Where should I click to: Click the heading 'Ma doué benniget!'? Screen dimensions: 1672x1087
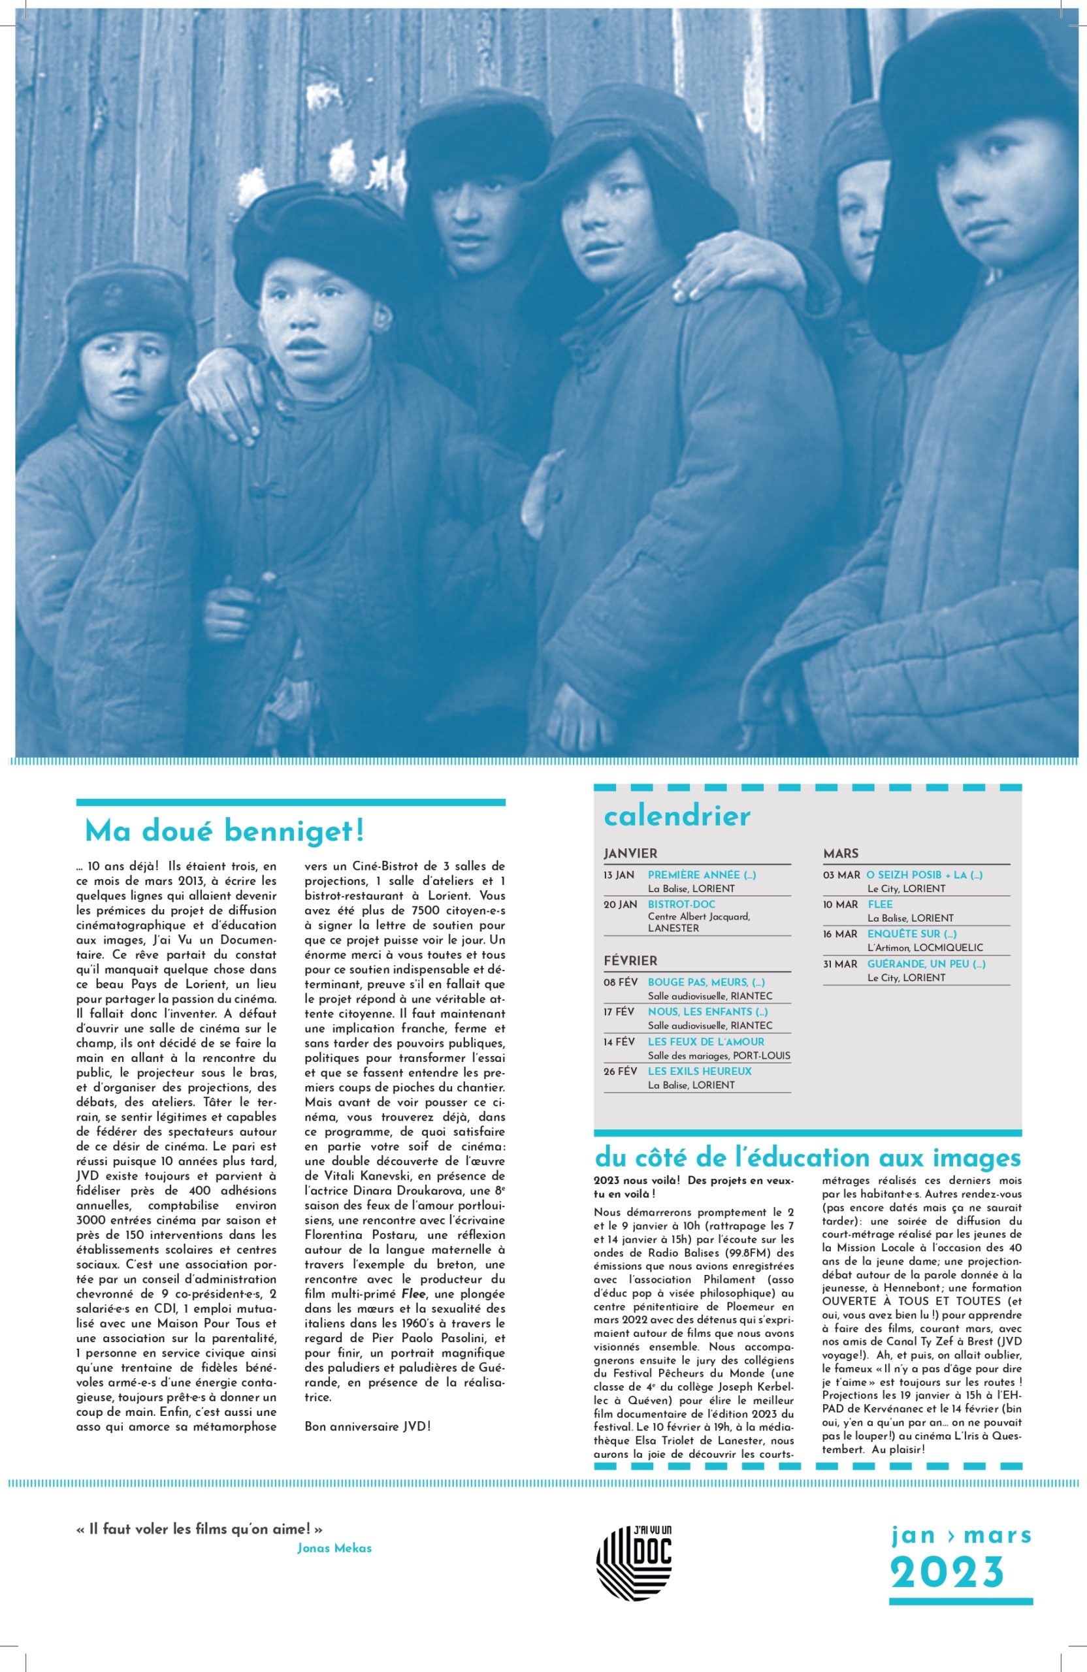pyautogui.click(x=224, y=832)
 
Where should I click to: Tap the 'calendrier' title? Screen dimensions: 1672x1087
pyautogui.click(x=677, y=816)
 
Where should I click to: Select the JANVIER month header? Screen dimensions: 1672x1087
pyautogui.click(x=630, y=854)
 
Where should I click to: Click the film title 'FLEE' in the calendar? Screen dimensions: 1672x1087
pyautogui.click(x=880, y=904)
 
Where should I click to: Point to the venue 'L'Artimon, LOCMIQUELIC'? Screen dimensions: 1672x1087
pyautogui.click(x=925, y=948)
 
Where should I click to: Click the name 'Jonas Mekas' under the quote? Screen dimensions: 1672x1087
pyautogui.click(x=334, y=1549)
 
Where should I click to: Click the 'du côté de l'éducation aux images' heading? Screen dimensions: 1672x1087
pyautogui.click(x=807, y=1157)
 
